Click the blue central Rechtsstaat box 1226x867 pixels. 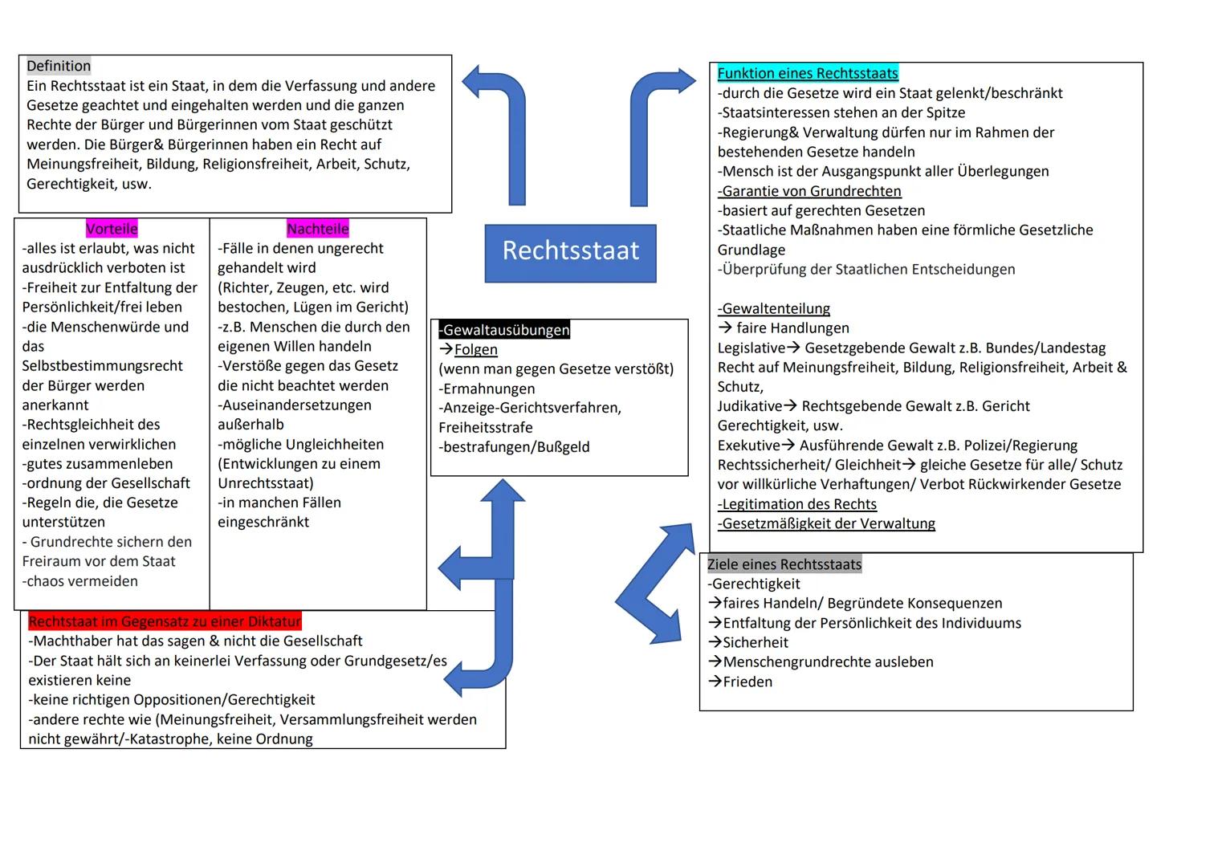tap(570, 252)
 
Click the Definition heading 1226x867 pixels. tap(59, 66)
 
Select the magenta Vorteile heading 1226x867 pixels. tap(112, 229)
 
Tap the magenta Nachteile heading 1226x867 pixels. tap(318, 229)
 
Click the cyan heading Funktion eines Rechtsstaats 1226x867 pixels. tap(808, 73)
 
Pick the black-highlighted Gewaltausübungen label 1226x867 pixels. tap(504, 330)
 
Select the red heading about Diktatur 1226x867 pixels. tap(165, 621)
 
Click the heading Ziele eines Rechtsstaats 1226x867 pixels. tap(784, 564)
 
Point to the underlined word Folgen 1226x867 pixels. tap(475, 349)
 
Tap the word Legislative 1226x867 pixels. tap(751, 348)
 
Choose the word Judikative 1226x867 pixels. tap(749, 406)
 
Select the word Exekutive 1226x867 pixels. tap(748, 446)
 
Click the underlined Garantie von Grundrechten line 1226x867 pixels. tap(810, 191)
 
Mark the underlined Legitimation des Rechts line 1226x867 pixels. tap(797, 504)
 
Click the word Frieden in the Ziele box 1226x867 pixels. tap(747, 682)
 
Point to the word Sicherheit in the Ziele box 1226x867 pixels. tap(755, 642)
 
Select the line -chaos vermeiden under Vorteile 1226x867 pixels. tap(80, 581)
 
